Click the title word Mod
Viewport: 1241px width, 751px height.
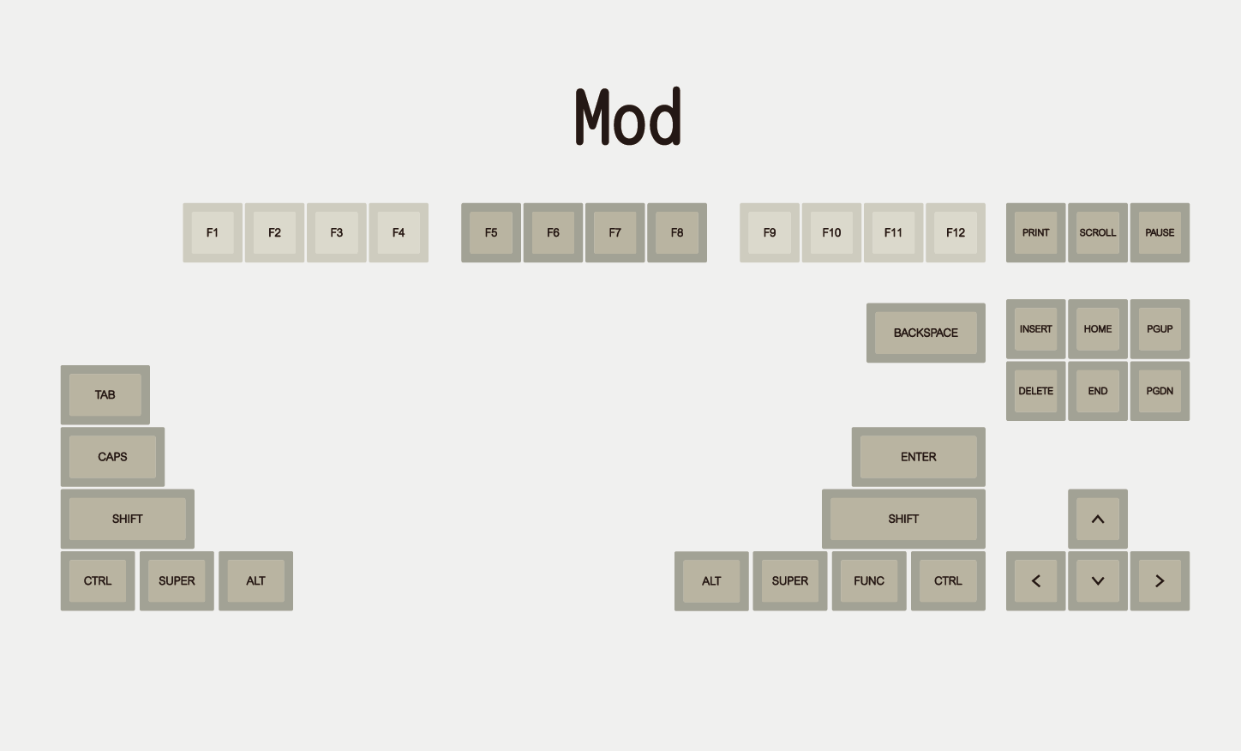click(628, 117)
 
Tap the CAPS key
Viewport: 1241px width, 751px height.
click(112, 457)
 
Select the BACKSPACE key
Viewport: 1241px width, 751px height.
click(926, 333)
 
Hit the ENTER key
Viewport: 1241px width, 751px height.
click(918, 457)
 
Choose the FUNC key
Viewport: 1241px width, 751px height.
click(869, 581)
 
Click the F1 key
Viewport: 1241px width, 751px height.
click(213, 233)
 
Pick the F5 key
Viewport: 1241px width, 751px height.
click(491, 233)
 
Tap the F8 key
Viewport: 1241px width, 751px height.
click(677, 233)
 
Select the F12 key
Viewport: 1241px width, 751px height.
click(956, 233)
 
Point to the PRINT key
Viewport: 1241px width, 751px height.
click(1035, 233)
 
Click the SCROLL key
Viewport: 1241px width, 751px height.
click(1098, 233)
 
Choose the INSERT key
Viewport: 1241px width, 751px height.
click(1035, 329)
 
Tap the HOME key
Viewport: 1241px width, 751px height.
click(1098, 329)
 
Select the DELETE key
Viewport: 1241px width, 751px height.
click(1035, 391)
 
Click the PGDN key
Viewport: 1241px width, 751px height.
click(1160, 391)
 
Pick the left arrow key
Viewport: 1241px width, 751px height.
click(1035, 581)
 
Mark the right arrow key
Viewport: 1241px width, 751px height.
click(1160, 581)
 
